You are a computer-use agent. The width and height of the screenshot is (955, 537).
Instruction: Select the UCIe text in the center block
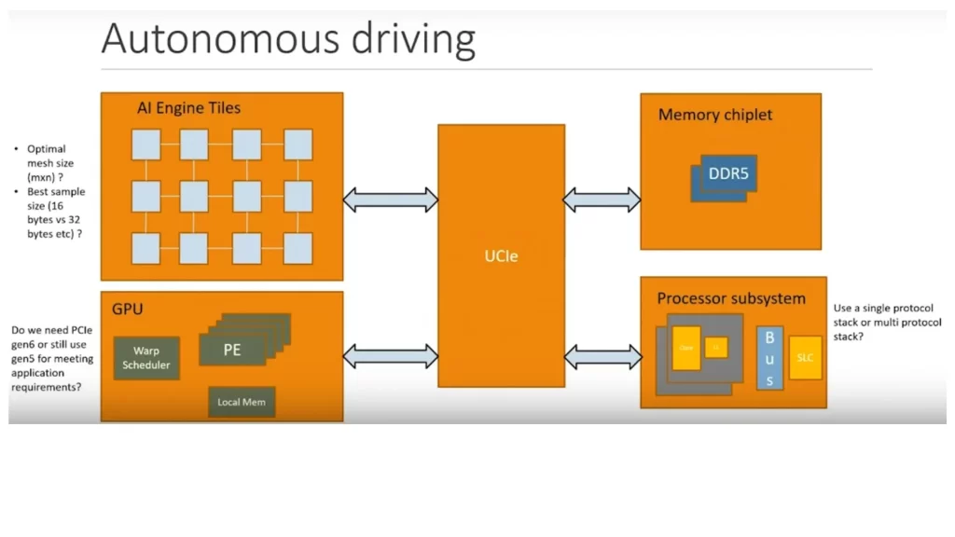502,256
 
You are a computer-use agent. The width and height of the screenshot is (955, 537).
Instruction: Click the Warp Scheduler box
146,358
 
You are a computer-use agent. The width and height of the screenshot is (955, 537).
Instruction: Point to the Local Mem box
242,402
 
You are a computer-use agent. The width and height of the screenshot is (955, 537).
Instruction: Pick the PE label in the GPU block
232,351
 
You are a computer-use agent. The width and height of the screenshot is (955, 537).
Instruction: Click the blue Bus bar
769,358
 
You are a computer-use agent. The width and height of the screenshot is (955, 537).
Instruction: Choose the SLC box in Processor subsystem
805,358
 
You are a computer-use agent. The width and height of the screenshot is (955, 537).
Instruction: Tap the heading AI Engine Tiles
188,108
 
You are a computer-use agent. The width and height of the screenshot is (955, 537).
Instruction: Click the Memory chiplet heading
715,115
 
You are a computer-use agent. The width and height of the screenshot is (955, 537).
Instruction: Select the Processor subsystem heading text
731,298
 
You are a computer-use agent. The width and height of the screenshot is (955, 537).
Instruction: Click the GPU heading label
128,308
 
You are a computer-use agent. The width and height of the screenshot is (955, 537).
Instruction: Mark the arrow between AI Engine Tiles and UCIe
391,199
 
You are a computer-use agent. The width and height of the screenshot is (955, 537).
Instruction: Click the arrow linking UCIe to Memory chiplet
602,199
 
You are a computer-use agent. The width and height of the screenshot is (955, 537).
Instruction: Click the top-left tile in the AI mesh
146,145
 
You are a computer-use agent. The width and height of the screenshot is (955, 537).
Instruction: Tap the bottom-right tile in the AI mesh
298,249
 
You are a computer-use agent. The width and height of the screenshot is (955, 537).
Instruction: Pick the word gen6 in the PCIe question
26,345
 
